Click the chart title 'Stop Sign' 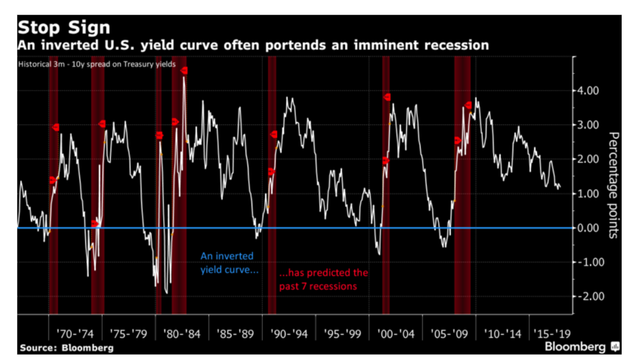tap(64, 28)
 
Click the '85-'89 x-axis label tap(235, 333)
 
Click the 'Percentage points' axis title tap(613, 185)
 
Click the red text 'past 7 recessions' tap(318, 286)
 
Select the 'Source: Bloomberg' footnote tap(66, 348)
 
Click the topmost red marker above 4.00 tap(184, 71)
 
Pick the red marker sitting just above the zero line tap(96, 223)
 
